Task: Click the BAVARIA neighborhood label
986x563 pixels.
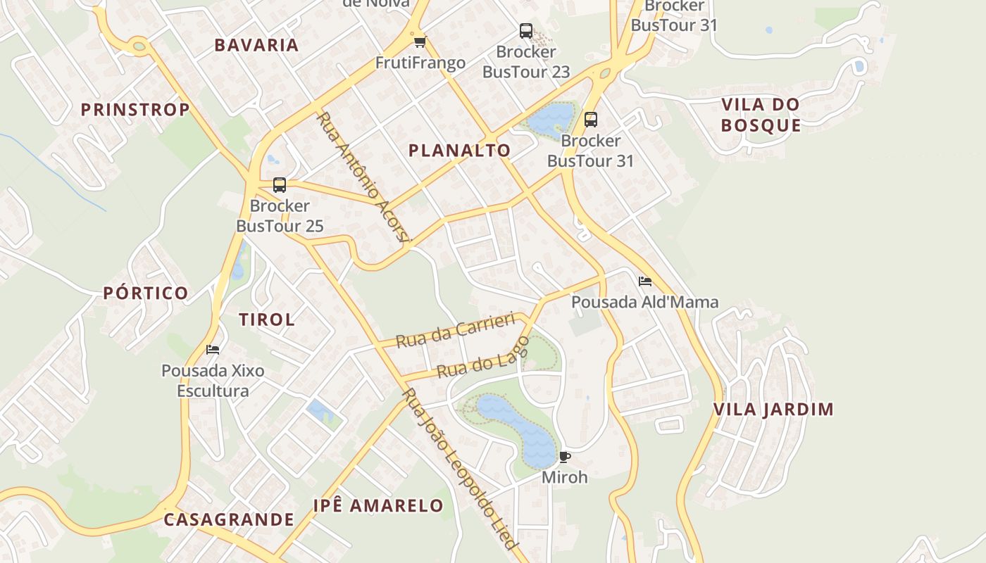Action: tap(256, 45)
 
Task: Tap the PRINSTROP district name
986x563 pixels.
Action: tap(135, 110)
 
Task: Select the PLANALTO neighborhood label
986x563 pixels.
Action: tap(459, 151)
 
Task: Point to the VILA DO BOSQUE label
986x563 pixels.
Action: tap(761, 115)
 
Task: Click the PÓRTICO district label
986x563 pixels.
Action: tap(146, 293)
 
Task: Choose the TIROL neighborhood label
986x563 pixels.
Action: tap(267, 320)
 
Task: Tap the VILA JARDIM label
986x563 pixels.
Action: tap(773, 410)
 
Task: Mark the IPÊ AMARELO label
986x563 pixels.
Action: tap(378, 506)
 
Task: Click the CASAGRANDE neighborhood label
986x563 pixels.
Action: tap(229, 520)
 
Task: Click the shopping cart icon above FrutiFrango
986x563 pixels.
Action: tap(420, 42)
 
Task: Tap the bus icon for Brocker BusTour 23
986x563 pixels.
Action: tap(526, 31)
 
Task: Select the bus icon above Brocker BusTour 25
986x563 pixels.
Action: tap(280, 185)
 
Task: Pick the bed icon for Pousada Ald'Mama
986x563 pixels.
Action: tap(644, 281)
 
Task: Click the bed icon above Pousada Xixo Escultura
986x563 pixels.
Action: tap(213, 350)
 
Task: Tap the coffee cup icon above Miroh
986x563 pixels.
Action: tap(564, 457)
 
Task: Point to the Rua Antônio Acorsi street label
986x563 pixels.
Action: tap(363, 177)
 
